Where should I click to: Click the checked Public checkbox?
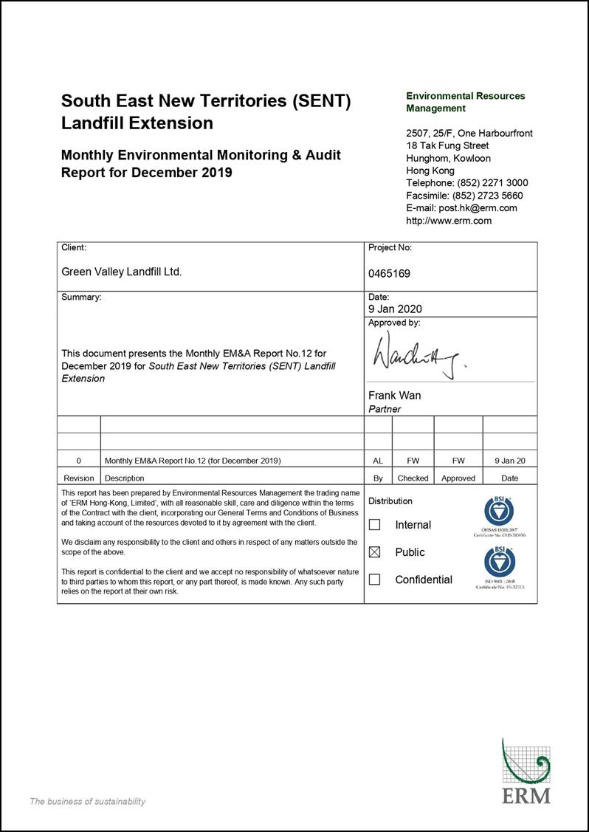click(x=374, y=552)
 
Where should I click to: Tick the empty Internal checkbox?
click(x=374, y=525)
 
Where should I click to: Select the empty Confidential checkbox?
click(x=374, y=580)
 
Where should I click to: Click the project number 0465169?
click(x=389, y=273)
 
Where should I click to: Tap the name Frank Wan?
click(x=394, y=396)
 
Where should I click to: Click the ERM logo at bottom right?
click(x=526, y=771)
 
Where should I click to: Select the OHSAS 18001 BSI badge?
click(x=499, y=512)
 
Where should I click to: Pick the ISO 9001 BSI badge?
click(x=499, y=563)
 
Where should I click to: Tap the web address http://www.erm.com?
click(x=449, y=221)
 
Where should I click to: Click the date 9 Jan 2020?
click(x=395, y=309)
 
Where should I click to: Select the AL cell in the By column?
click(x=378, y=461)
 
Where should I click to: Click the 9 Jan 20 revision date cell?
click(x=509, y=461)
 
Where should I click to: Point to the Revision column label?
click(x=79, y=478)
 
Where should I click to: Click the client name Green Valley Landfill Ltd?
click(x=121, y=272)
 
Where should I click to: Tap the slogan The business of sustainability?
click(x=87, y=802)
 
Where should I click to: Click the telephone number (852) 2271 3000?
click(x=492, y=183)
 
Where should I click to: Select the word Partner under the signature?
click(x=385, y=409)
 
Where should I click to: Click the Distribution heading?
click(x=390, y=501)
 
